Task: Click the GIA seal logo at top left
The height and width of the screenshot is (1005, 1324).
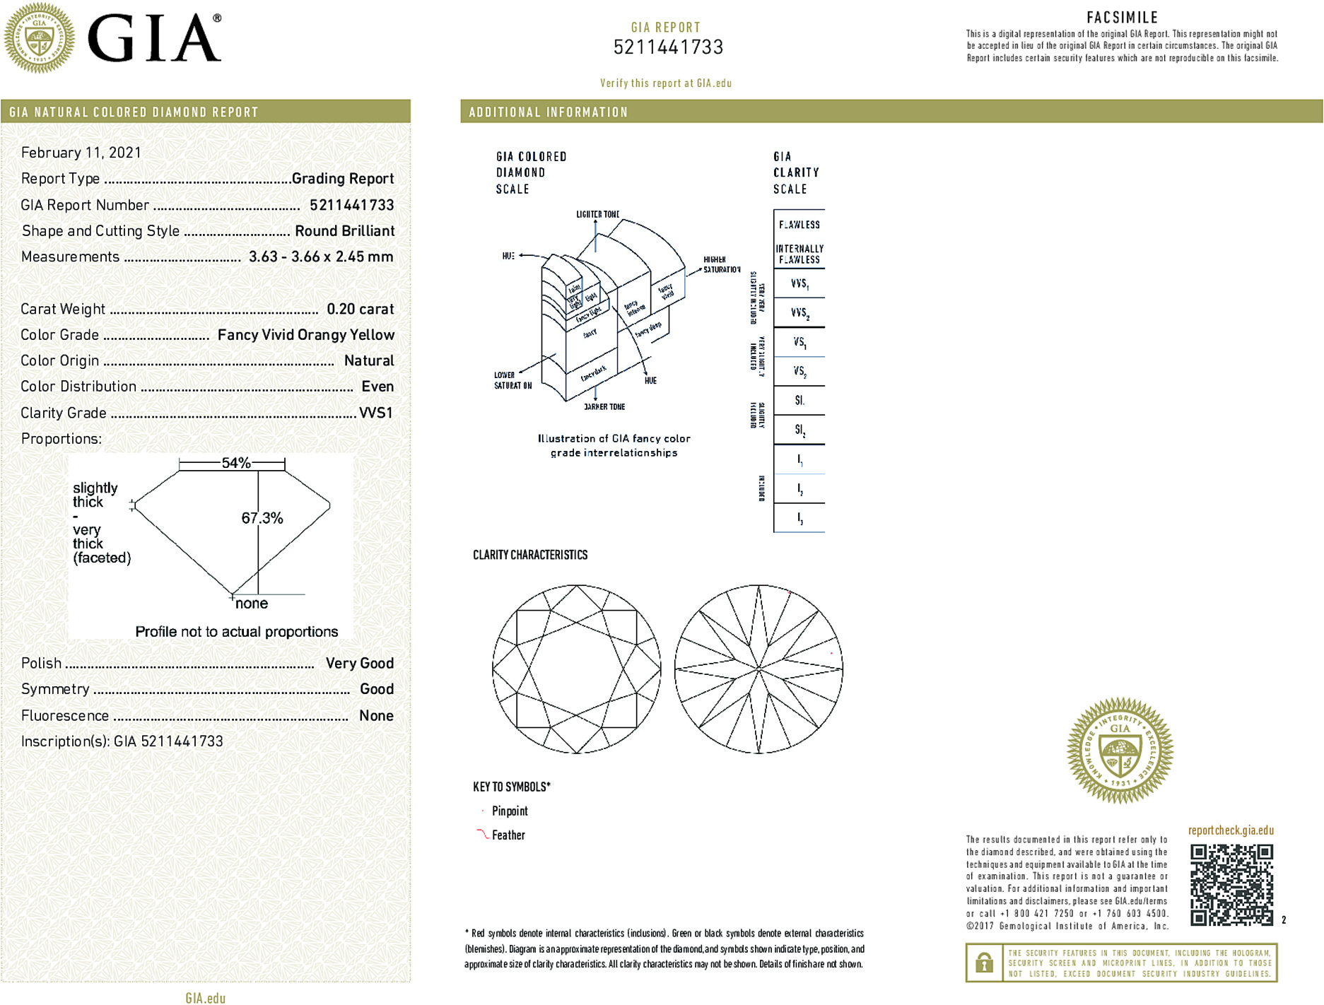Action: click(39, 38)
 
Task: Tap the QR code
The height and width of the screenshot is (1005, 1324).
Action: click(1231, 884)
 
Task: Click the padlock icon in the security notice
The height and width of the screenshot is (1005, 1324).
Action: click(983, 963)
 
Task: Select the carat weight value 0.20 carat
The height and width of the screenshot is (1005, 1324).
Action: click(360, 309)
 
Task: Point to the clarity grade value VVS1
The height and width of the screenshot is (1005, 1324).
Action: click(375, 413)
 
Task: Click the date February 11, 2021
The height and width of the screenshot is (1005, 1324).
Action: click(81, 153)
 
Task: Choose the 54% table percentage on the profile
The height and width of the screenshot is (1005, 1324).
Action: click(235, 463)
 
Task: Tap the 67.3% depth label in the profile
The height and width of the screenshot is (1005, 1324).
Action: click(262, 518)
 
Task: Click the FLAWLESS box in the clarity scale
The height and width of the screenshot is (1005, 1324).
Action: click(799, 225)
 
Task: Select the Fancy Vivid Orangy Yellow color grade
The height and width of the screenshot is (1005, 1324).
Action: click(305, 335)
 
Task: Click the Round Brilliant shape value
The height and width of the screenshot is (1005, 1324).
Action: click(344, 231)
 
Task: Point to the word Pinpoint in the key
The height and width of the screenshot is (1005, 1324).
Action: click(510, 811)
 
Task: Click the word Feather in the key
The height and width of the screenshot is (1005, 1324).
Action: click(508, 835)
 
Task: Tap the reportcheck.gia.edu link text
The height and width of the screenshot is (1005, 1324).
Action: click(1231, 830)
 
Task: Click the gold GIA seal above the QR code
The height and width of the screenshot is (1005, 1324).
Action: click(1120, 751)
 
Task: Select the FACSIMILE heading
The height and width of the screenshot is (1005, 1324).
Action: click(1122, 18)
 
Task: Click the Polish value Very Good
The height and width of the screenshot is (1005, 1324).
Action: click(359, 663)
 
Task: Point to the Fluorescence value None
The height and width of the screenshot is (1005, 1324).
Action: click(376, 715)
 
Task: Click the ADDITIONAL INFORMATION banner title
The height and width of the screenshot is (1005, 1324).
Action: click(548, 112)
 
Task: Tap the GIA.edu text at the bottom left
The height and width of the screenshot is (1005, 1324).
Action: click(205, 998)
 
